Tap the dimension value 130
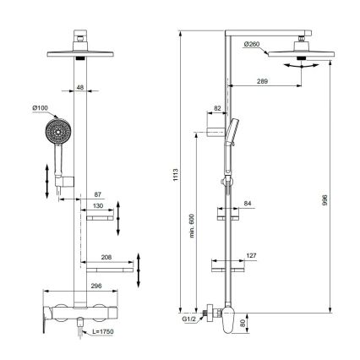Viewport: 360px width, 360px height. (98, 205)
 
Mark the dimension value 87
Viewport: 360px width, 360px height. (98, 194)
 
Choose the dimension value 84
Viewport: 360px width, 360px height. (247, 204)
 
